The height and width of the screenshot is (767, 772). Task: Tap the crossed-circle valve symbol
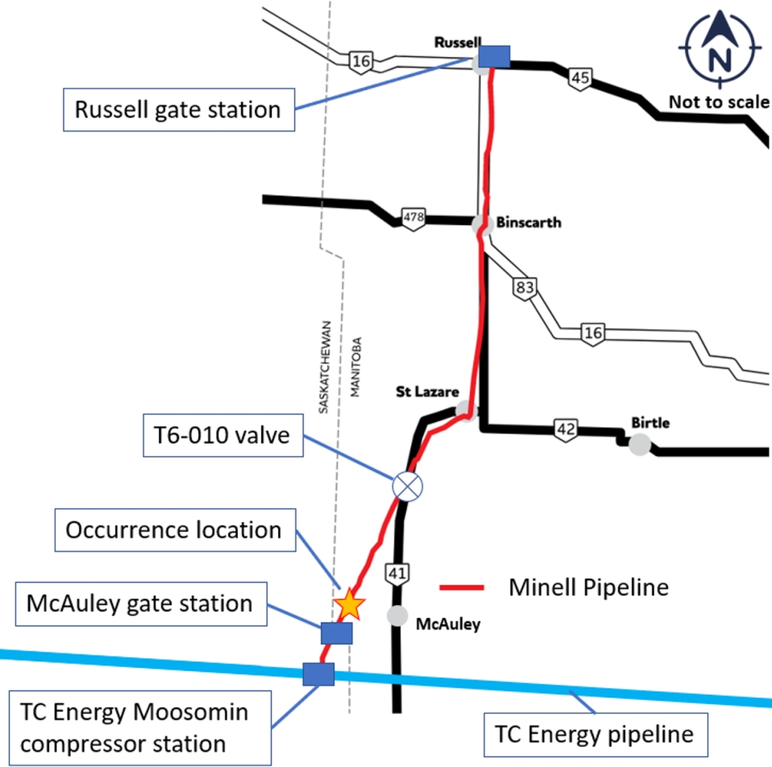tap(408, 486)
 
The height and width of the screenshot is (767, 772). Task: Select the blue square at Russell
tap(494, 56)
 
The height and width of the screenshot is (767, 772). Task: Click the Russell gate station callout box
tap(177, 110)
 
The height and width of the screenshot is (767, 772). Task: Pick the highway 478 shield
tap(414, 218)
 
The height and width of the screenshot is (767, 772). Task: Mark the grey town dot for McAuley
tap(398, 615)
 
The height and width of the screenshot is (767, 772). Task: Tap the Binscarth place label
tap(529, 223)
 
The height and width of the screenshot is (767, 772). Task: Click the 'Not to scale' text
tap(719, 102)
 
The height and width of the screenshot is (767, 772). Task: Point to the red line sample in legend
tap(462, 588)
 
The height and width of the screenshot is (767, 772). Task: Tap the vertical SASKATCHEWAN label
tap(325, 367)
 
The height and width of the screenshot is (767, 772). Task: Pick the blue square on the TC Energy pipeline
tap(318, 674)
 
